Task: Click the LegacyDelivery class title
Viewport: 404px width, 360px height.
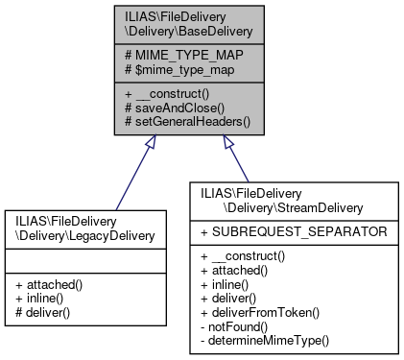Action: (74, 230)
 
